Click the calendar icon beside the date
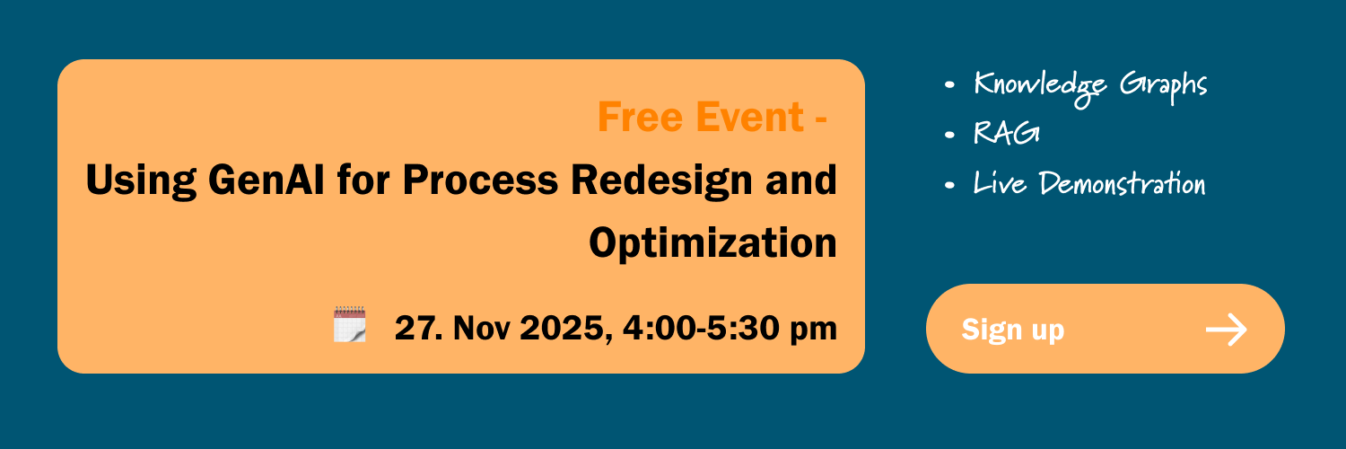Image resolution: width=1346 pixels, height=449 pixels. click(x=350, y=324)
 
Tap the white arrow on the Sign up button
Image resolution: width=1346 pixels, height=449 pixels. click(x=1227, y=330)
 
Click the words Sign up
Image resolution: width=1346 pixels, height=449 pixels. click(x=1012, y=330)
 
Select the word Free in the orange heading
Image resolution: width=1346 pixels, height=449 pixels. click(x=640, y=117)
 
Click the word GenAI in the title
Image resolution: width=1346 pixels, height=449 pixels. click(x=267, y=180)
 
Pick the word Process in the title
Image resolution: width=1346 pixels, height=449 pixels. click(x=480, y=180)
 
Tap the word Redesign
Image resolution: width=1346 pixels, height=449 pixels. click(x=661, y=180)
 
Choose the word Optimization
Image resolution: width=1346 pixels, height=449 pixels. click(x=712, y=243)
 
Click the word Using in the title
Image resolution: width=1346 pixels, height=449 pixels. click(x=141, y=180)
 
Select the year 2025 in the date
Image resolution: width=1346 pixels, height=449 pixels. click(x=565, y=328)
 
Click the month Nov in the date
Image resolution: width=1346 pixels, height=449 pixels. click(x=481, y=328)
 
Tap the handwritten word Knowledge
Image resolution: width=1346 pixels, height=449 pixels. click(x=1039, y=88)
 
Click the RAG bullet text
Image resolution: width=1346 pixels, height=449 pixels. click(x=1007, y=133)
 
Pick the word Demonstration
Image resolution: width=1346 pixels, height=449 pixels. click(x=1122, y=183)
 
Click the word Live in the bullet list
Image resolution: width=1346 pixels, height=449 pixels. click(x=1000, y=182)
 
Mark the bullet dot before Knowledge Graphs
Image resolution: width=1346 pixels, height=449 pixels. click(x=949, y=84)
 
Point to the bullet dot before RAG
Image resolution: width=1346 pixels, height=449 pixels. click(x=949, y=135)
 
